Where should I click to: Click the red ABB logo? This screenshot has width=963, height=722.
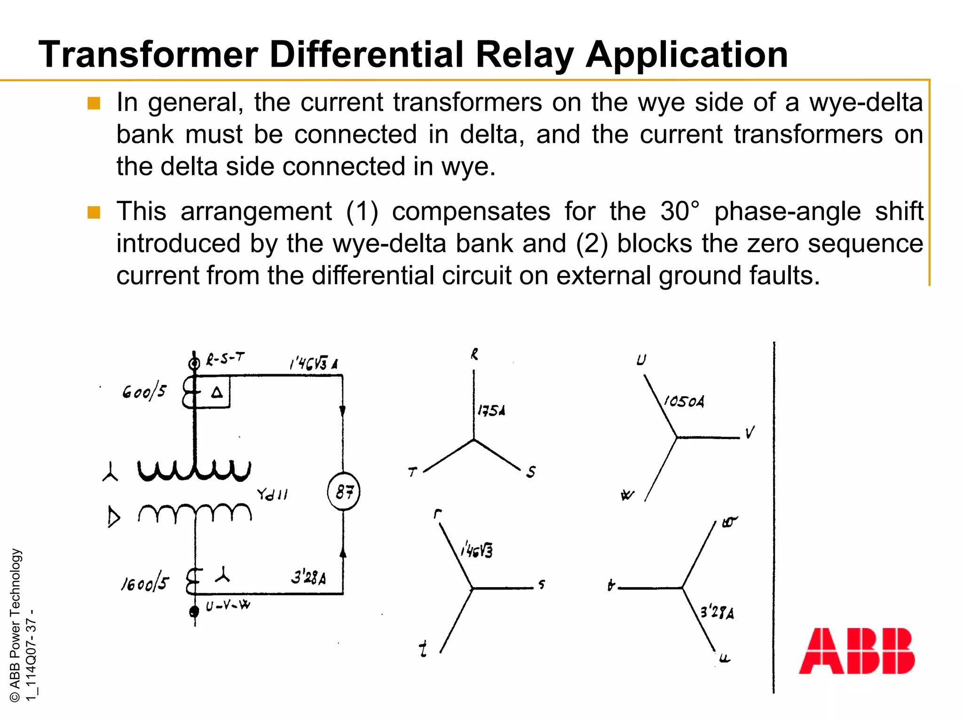tap(857, 651)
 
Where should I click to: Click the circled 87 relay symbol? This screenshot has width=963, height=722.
tap(344, 492)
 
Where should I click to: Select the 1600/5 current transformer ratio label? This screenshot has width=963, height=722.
tap(144, 583)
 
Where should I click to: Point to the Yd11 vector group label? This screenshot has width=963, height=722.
tap(272, 494)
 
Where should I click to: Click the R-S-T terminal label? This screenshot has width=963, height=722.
tap(226, 360)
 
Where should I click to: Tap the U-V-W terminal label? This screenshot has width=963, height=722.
tap(228, 605)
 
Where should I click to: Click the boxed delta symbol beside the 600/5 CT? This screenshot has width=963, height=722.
tap(217, 392)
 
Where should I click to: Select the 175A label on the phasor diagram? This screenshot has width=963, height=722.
tap(491, 411)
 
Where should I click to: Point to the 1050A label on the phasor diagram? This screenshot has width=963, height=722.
tap(684, 401)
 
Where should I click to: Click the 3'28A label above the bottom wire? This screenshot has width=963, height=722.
tap(308, 577)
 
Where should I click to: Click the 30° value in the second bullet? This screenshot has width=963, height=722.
tap(679, 211)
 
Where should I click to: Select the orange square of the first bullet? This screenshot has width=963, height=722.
tap(94, 103)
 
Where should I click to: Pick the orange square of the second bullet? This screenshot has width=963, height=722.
tap(94, 212)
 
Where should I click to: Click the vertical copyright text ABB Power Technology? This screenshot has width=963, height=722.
tap(15, 625)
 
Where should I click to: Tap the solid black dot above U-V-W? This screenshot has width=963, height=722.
tap(194, 611)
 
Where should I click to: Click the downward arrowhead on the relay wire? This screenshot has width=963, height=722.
tap(342, 411)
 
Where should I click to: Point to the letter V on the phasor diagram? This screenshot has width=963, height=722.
tap(750, 432)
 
